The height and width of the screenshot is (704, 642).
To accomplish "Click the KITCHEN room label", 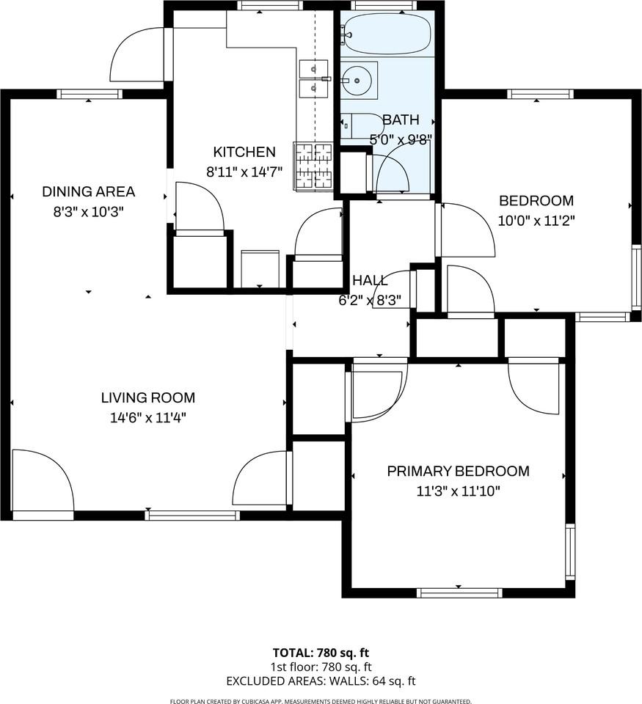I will pyautogui.click(x=244, y=153).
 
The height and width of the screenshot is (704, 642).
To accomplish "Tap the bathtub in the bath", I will pyautogui.click(x=386, y=34).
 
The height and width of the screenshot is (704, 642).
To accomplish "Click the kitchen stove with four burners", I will pyautogui.click(x=313, y=166).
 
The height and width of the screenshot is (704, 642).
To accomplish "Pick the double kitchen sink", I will pyautogui.click(x=315, y=79).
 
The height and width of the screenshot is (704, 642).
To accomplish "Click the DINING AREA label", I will pyautogui.click(x=88, y=192).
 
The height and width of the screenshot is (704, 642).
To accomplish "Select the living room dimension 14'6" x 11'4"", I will pyautogui.click(x=147, y=418).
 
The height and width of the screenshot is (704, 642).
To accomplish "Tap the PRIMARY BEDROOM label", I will pyautogui.click(x=458, y=471).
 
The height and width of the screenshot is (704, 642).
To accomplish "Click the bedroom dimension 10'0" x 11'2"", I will pyautogui.click(x=536, y=220).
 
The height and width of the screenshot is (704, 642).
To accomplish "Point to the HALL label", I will pyautogui.click(x=370, y=281).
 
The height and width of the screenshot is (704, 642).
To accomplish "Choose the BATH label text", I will pyautogui.click(x=401, y=120).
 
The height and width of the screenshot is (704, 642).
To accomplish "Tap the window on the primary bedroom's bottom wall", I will pyautogui.click(x=459, y=593).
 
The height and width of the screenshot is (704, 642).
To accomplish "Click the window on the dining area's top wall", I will pyautogui.click(x=89, y=94).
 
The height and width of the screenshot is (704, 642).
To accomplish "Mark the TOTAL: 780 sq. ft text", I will pyautogui.click(x=321, y=652).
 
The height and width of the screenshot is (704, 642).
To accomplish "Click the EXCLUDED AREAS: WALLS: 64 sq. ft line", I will pyautogui.click(x=321, y=680).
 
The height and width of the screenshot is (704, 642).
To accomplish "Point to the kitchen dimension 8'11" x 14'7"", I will pyautogui.click(x=244, y=172).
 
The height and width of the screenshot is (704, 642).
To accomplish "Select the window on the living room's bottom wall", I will pyautogui.click(x=192, y=516).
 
